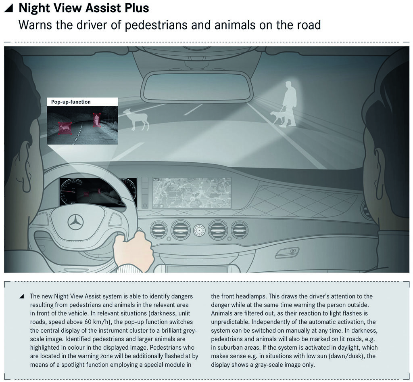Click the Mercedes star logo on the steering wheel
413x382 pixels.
tap(75, 222)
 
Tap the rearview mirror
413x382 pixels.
tap(197, 86)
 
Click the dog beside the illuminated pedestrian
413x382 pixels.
tap(278, 117)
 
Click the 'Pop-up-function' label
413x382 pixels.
tap(71, 102)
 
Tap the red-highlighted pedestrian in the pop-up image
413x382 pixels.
tap(96, 119)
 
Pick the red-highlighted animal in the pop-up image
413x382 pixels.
tap(65, 128)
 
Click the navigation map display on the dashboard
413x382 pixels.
tap(192, 192)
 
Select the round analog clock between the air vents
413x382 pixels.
tap(199, 231)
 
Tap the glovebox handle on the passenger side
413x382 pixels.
tap(287, 253)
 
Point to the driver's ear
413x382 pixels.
tap(22, 170)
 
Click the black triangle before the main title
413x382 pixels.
tap(9, 8)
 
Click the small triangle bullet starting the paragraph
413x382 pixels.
tap(21, 296)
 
